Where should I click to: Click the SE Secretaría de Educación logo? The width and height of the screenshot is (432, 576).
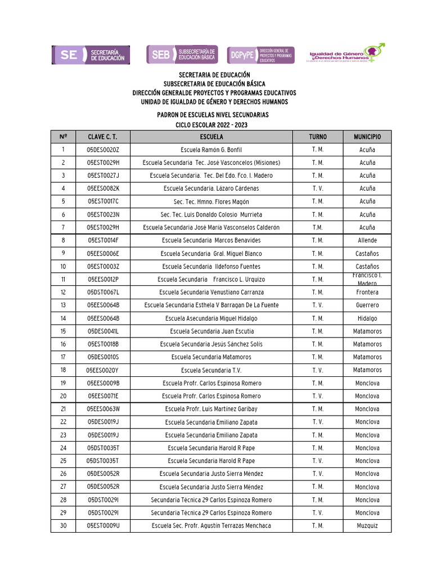click(91, 55)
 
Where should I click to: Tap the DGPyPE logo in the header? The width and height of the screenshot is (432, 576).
click(260, 55)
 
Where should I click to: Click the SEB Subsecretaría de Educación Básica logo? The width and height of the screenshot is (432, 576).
click(182, 55)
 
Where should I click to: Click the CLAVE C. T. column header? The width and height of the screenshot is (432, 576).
click(103, 137)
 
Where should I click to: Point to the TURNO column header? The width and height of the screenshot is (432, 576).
click(317, 137)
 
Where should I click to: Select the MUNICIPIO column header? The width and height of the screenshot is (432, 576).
click(367, 137)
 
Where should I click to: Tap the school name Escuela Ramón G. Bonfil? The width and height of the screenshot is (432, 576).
click(211, 150)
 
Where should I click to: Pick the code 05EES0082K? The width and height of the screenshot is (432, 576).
click(103, 188)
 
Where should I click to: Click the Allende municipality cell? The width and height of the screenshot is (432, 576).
click(367, 240)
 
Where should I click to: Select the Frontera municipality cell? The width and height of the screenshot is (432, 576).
click(367, 292)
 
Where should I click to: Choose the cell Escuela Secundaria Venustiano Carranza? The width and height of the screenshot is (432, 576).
click(211, 292)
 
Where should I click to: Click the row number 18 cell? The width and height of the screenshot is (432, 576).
click(63, 370)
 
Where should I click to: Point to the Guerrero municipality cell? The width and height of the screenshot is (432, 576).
click(367, 305)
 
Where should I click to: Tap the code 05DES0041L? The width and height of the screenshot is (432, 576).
click(103, 331)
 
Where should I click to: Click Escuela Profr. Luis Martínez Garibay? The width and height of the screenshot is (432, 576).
click(211, 409)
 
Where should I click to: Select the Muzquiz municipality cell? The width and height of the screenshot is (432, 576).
click(367, 526)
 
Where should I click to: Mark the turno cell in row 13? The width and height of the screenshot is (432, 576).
click(317, 305)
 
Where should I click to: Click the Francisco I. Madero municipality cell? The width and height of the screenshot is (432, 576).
click(367, 280)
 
